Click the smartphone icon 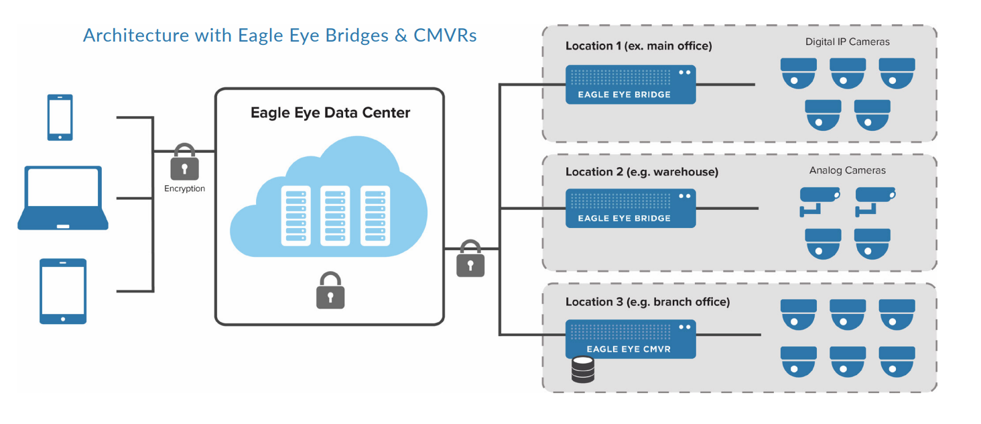(60, 117)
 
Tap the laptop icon (63, 198)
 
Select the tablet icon (63, 291)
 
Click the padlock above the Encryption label (184, 162)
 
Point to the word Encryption (184, 189)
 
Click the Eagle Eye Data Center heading (330, 112)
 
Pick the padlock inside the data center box (330, 290)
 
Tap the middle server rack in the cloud (335, 215)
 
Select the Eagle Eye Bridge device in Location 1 (630, 85)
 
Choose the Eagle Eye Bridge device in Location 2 (630, 208)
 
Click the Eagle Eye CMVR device (630, 339)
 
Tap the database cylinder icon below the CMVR (582, 370)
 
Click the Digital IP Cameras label (847, 42)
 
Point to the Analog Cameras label (847, 170)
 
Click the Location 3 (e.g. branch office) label (647, 302)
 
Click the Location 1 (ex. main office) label (639, 46)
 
